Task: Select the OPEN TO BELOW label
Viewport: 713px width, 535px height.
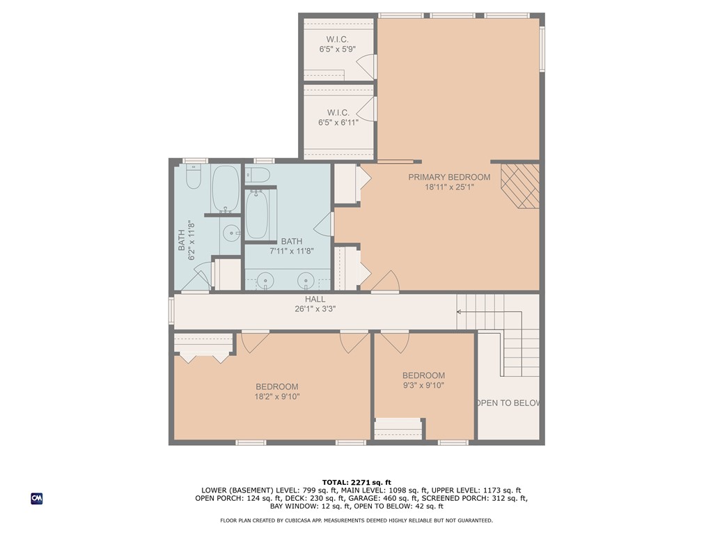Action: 509,403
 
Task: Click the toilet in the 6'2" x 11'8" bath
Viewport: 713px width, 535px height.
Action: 193,177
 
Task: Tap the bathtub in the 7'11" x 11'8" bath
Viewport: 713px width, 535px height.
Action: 257,215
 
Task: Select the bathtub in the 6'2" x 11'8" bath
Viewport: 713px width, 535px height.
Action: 225,189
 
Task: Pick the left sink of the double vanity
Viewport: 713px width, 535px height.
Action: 265,281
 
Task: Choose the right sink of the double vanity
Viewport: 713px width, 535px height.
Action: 305,281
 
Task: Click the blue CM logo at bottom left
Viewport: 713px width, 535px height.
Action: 37,498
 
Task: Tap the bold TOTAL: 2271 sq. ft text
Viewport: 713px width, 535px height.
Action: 356,482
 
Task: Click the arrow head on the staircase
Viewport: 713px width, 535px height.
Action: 460,311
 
